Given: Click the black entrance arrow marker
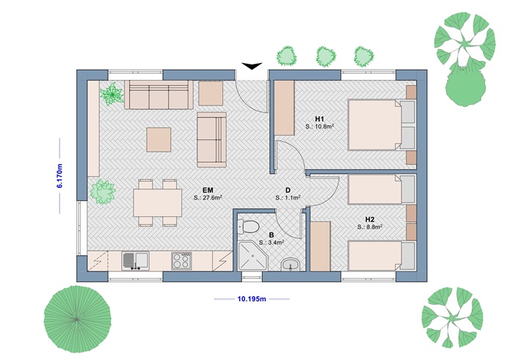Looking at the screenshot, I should coord(252,67).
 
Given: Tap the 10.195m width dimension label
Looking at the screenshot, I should coord(252,299).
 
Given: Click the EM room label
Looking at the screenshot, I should coord(208,189).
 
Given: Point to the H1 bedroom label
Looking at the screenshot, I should coord(319,119).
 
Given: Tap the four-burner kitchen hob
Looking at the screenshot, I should coord(181,260).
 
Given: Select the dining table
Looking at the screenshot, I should coord(158,201).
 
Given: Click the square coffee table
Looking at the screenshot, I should coord(159,139).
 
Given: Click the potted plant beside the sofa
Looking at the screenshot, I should coord(112,94).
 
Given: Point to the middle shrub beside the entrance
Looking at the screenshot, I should coord(325,55).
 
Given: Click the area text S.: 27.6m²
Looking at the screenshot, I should coord(208,198).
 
